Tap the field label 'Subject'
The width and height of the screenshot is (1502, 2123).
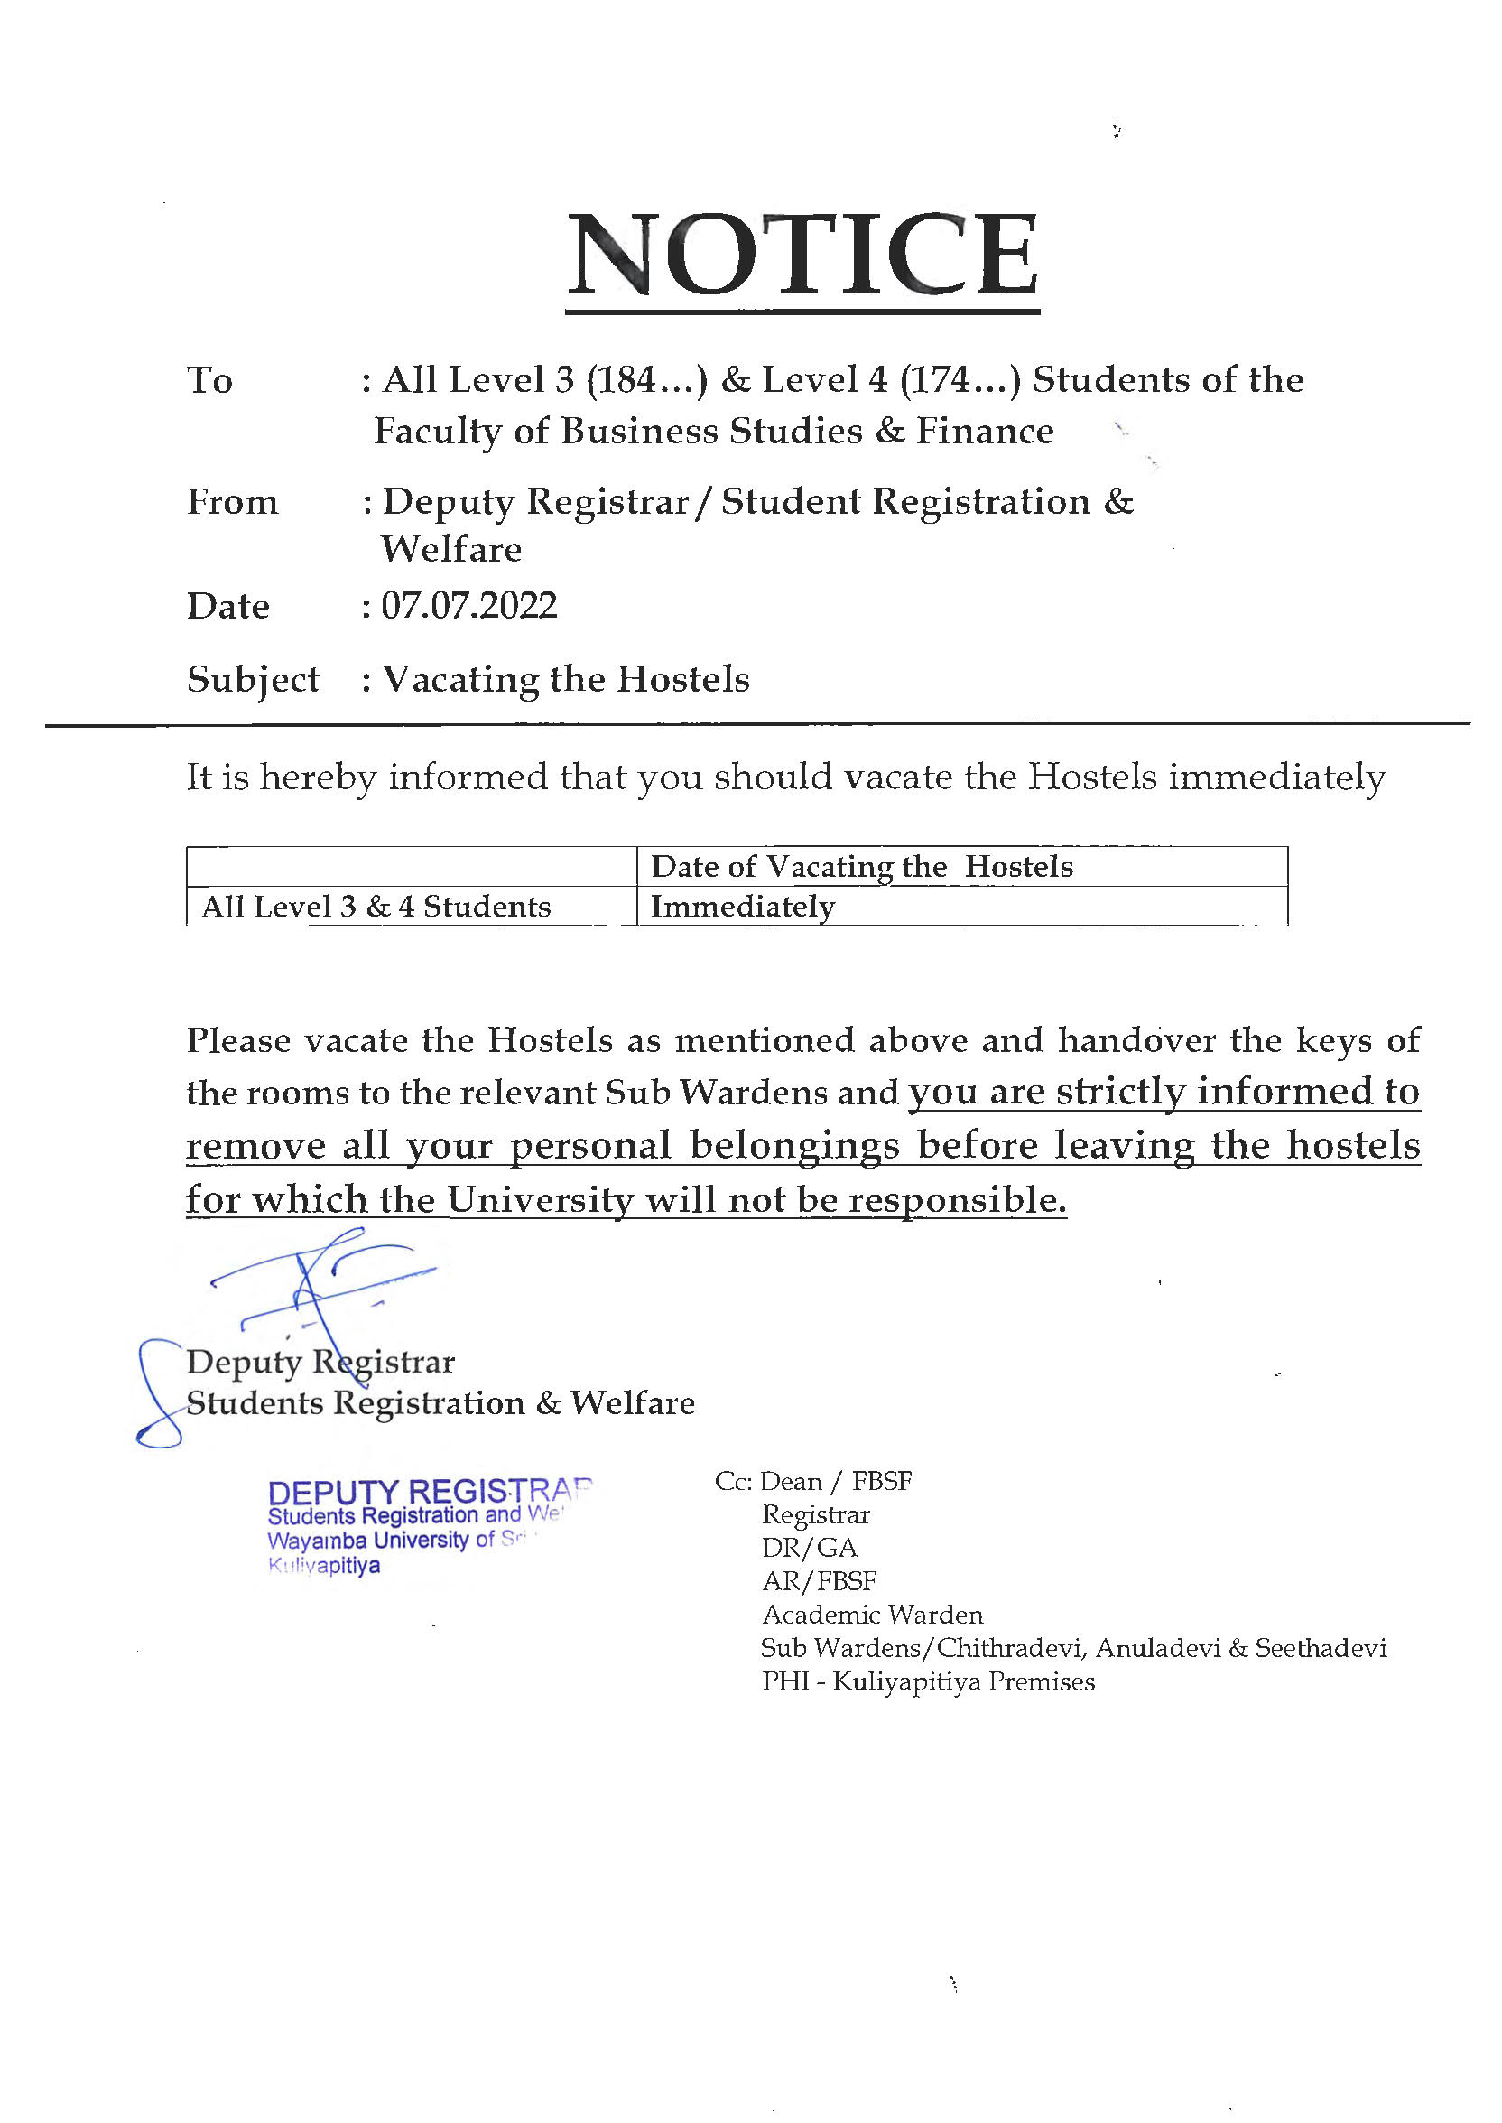click(253, 680)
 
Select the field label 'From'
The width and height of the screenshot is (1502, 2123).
click(232, 502)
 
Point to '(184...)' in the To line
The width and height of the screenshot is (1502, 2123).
click(646, 380)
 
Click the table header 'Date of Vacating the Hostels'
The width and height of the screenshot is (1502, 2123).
click(862, 867)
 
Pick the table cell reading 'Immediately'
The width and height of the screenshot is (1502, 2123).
click(743, 907)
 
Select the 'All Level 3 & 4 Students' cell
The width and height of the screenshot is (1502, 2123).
click(375, 907)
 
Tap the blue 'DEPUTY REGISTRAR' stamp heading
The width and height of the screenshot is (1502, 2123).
click(427, 1492)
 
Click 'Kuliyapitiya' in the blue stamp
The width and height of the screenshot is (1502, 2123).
click(324, 1566)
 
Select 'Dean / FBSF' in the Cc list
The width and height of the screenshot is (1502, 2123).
click(835, 1482)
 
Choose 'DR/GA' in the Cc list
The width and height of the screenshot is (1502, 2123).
click(810, 1548)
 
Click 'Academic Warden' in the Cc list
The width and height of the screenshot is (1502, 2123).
click(872, 1616)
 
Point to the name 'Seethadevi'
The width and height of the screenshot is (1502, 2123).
click(1320, 1648)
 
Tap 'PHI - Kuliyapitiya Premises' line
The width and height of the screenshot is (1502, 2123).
click(928, 1681)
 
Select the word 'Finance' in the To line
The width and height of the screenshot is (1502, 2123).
click(984, 432)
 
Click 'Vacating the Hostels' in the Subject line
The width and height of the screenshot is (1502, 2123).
click(565, 680)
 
